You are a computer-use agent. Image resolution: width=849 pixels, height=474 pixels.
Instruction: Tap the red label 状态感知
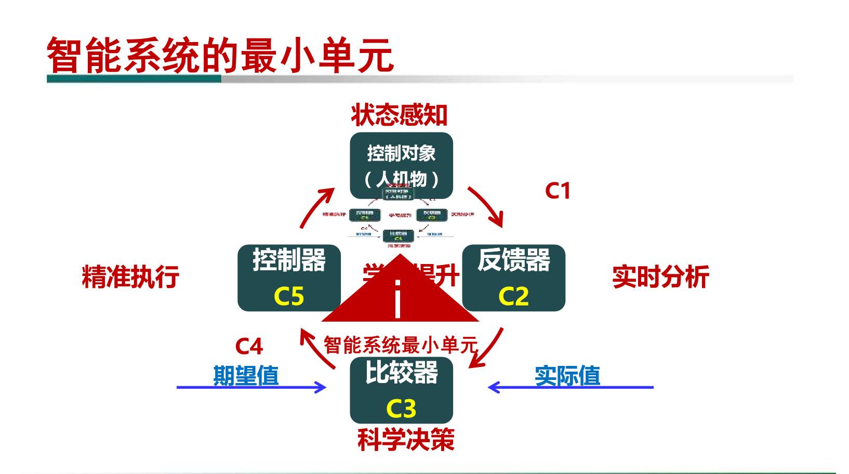pyautogui.click(x=399, y=115)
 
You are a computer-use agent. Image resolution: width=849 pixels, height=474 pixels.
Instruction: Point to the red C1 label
pyautogui.click(x=558, y=191)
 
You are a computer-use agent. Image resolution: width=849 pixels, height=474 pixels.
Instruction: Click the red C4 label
pyautogui.click(x=249, y=346)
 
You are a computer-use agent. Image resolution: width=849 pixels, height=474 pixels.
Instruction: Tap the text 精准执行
pyautogui.click(x=130, y=276)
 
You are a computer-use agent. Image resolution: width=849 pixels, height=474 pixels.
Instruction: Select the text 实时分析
pyautogui.click(x=660, y=276)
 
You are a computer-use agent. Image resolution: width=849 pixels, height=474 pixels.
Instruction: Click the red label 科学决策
pyautogui.click(x=406, y=440)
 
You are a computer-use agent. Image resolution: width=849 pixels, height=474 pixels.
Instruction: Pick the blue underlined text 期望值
pyautogui.click(x=246, y=375)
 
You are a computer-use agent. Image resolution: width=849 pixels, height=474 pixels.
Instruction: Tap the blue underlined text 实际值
pyautogui.click(x=567, y=375)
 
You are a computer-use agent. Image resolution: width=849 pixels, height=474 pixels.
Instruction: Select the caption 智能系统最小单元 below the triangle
pyautogui.click(x=400, y=345)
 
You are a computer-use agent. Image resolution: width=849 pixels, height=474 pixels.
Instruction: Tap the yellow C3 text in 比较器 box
pyautogui.click(x=401, y=409)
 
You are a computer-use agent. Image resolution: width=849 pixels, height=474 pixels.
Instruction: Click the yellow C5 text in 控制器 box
pyautogui.click(x=288, y=296)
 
